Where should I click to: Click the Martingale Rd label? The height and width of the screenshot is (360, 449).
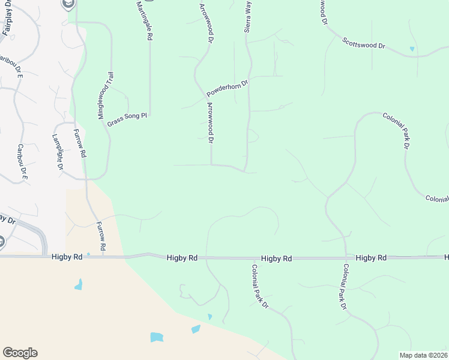pos(143,20)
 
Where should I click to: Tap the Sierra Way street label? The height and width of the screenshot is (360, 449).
pos(247,15)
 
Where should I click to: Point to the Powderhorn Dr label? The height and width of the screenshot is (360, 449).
pos(228,89)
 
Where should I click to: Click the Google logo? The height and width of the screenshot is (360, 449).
pos(20,353)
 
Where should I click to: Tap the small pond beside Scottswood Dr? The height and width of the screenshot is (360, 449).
pos(412,49)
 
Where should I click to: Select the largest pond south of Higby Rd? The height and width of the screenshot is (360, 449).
pos(157,337)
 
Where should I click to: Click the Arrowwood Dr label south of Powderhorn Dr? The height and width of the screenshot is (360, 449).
pos(211,122)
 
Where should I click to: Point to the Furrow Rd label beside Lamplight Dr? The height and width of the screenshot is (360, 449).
pos(80,143)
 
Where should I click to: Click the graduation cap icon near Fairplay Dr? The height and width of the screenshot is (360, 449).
pos(68,4)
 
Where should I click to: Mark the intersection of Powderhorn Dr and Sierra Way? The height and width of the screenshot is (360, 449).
pos(250,78)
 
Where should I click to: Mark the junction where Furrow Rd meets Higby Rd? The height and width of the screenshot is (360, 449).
pos(103,256)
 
